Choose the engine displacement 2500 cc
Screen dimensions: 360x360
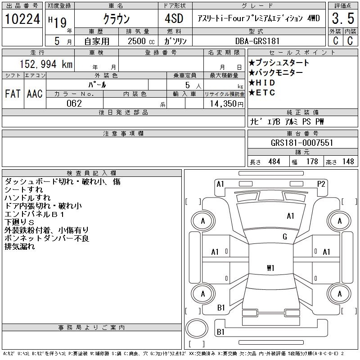[138, 41]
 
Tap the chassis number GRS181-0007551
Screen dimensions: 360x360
[302, 143]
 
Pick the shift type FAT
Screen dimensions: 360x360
[13, 94]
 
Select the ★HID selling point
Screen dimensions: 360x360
[262, 83]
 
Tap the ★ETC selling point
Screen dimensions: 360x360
[262, 93]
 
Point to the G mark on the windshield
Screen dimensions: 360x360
[285, 237]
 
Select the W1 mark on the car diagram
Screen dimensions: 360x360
[270, 268]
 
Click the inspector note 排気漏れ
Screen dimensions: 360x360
[19, 247]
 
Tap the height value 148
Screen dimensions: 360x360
[348, 162]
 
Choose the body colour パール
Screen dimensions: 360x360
[98, 85]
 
